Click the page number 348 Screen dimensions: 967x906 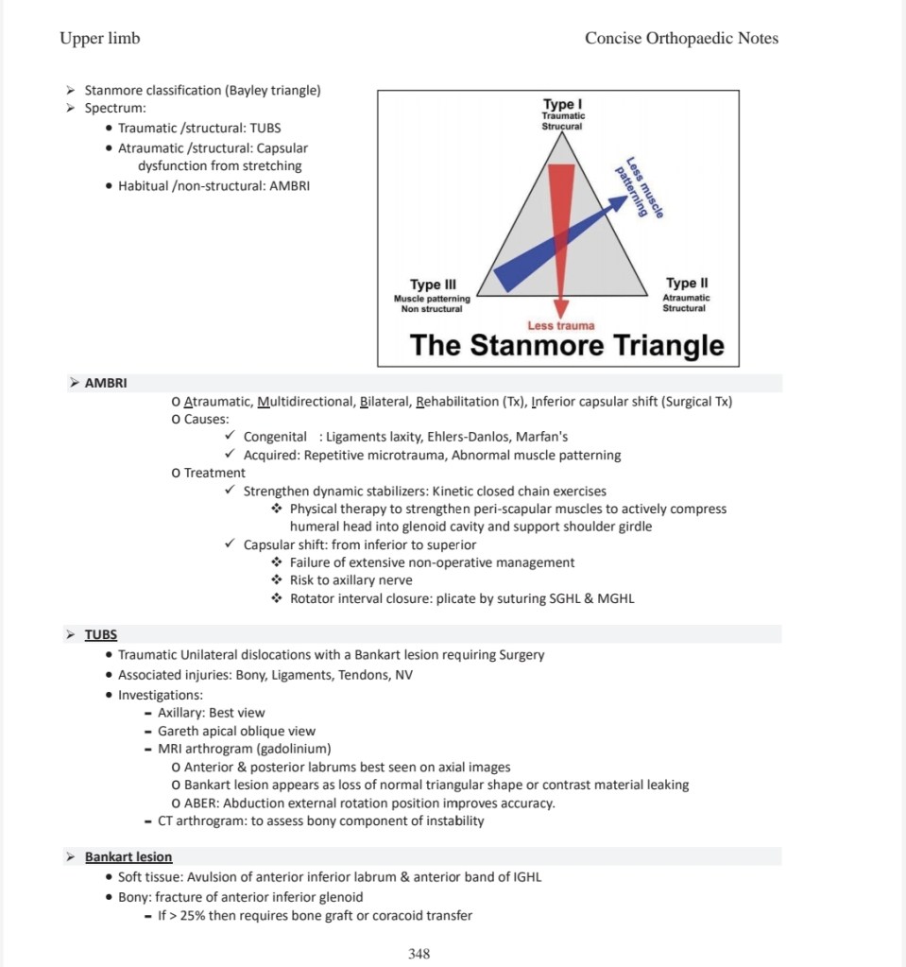point(419,954)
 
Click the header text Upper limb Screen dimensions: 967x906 point(99,38)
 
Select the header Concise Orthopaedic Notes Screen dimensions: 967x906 point(681,38)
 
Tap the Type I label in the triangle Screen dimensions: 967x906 point(563,104)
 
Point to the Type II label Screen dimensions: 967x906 point(687,284)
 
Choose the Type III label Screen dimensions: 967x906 point(433,285)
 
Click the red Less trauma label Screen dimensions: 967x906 point(561,326)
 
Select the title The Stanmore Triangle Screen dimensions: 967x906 point(567,345)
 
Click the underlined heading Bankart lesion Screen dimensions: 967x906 point(128,857)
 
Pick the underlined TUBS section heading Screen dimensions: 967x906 point(101,634)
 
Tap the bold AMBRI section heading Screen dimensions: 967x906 point(106,383)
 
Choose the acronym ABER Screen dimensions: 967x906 point(201,803)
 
